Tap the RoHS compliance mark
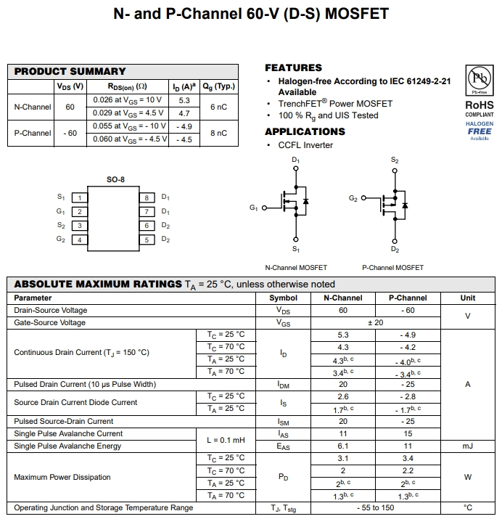[x=480, y=105]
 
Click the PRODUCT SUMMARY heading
[x=70, y=71]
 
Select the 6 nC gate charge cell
[x=218, y=107]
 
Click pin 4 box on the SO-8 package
[x=80, y=240]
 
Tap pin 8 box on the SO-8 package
[x=147, y=197]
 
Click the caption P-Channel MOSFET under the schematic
[x=392, y=268]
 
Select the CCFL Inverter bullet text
[x=305, y=145]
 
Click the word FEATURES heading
[x=293, y=68]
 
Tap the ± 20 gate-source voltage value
[x=375, y=323]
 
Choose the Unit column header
[x=468, y=298]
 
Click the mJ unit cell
[x=468, y=446]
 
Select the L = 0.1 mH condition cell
[x=226, y=440]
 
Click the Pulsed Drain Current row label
[x=85, y=384]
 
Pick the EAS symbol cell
[x=283, y=446]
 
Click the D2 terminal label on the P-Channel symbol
[x=395, y=250]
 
